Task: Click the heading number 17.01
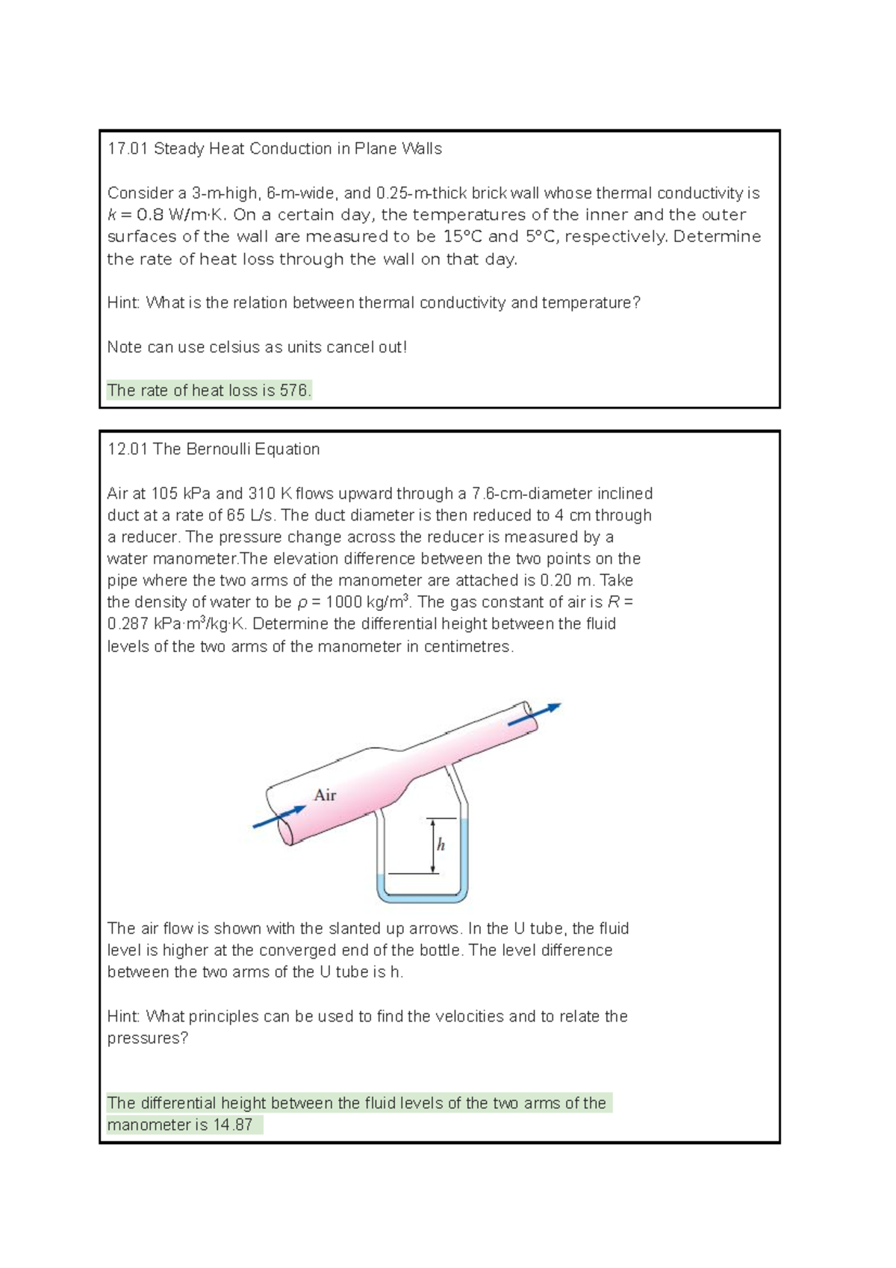[128, 149]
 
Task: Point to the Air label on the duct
[325, 795]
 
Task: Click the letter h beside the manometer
[441, 845]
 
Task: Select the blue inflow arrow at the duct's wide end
[279, 817]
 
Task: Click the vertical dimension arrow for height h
[432, 845]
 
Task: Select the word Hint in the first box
[123, 302]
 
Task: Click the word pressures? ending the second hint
[147, 1038]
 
